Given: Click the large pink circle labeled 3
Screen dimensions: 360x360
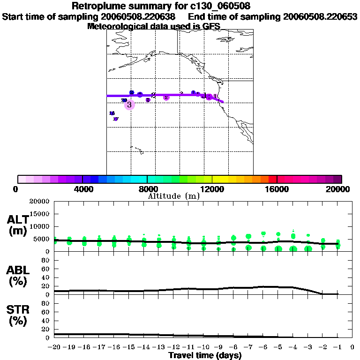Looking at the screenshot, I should (129, 105).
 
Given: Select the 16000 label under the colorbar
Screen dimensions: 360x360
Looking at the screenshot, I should (277, 189).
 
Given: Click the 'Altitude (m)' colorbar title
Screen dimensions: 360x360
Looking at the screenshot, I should (173, 196).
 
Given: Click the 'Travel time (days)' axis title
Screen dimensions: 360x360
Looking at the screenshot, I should (205, 355).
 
